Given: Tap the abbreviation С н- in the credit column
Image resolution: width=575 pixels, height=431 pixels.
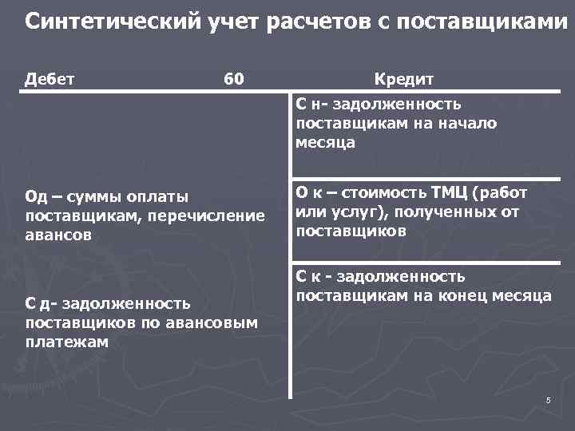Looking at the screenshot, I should click(x=311, y=104).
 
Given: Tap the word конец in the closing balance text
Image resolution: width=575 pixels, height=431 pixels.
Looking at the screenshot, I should click(x=458, y=296).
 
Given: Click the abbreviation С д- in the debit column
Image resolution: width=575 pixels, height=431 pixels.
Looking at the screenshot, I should click(x=45, y=303).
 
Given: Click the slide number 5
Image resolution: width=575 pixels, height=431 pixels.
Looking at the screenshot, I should click(x=549, y=400).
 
